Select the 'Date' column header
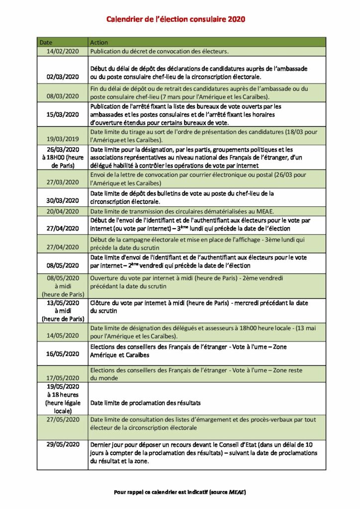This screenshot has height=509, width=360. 46,42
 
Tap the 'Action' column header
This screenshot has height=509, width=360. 99,42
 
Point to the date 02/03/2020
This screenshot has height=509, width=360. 63,77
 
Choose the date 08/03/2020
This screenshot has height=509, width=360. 63,96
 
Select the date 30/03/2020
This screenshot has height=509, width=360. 63,201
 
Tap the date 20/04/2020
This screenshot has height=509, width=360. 63,211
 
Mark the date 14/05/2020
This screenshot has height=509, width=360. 63,336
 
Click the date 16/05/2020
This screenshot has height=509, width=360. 63,354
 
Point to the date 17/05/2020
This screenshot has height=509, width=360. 63,378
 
